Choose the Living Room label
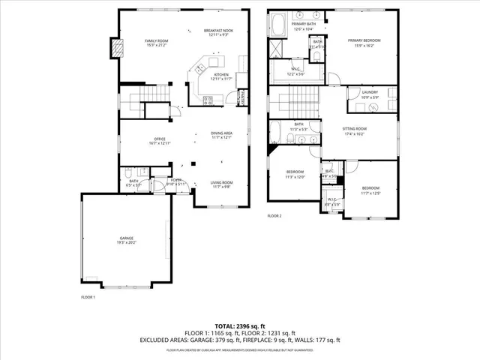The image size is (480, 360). point(221,184)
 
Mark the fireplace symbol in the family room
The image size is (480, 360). point(116,48)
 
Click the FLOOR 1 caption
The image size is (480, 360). point(88,297)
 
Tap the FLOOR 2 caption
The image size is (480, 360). point(274,216)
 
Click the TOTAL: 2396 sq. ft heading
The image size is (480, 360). point(240,326)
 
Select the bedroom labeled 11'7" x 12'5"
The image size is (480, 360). point(372,190)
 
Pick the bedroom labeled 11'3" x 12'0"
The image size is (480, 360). point(295,175)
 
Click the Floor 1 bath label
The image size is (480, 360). point(133,182)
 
